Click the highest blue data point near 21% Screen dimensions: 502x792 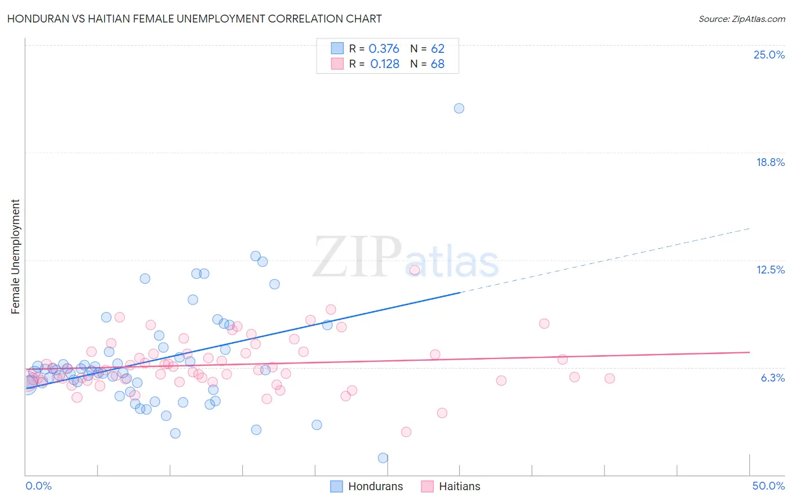(x=459, y=108)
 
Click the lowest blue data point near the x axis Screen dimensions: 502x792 (x=383, y=458)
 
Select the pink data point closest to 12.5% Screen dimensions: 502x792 (x=415, y=270)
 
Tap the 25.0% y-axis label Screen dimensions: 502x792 (x=769, y=55)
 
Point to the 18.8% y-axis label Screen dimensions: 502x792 (x=770, y=162)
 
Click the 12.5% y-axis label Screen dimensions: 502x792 (x=770, y=270)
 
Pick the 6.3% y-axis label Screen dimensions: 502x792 (x=772, y=378)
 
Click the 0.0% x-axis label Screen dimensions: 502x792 (x=38, y=486)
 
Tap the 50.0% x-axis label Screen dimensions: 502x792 (x=768, y=486)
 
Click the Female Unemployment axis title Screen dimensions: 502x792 (x=15, y=257)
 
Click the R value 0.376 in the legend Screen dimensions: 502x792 (x=384, y=49)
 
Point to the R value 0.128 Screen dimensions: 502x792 (x=385, y=64)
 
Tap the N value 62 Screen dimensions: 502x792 (x=438, y=49)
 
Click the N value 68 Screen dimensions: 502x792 (x=438, y=64)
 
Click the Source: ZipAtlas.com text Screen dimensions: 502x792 (x=741, y=19)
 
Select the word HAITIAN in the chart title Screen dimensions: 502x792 (x=116, y=19)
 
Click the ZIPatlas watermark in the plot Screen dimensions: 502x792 (x=406, y=258)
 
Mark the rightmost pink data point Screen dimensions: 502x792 (x=609, y=378)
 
